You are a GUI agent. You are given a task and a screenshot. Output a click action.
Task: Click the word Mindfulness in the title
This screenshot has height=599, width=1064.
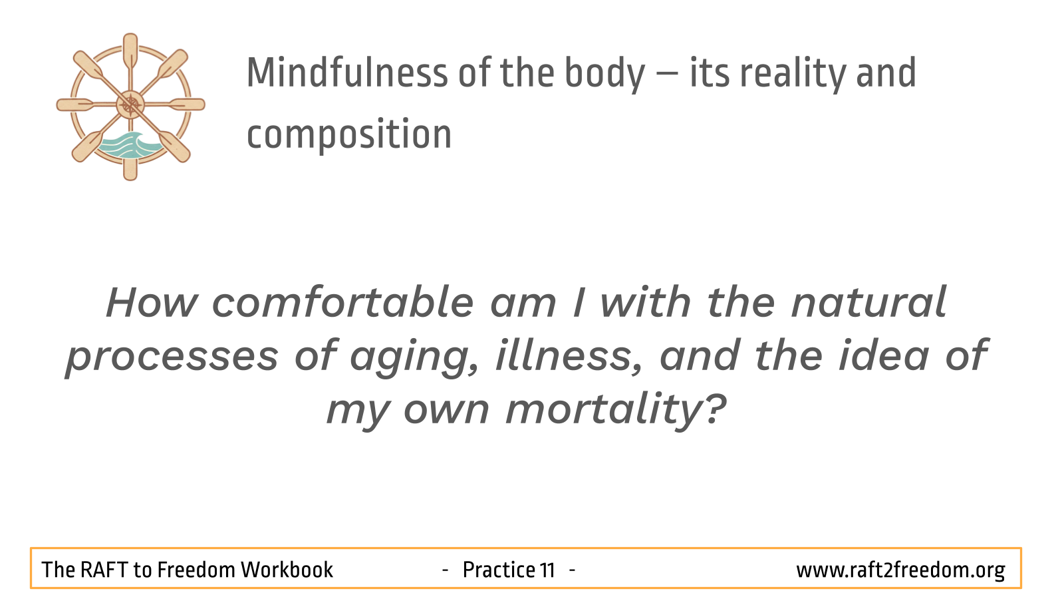(346, 73)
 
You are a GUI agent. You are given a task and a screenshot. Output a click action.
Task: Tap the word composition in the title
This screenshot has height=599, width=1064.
(349, 136)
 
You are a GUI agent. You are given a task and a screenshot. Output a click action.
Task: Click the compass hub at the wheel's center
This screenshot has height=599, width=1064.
(130, 104)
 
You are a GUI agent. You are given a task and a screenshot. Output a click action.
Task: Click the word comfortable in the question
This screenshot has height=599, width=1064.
(342, 302)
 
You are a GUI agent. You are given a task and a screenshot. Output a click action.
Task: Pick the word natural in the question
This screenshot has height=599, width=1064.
(868, 302)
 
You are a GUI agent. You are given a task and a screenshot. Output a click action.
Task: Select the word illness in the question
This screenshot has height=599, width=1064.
(569, 355)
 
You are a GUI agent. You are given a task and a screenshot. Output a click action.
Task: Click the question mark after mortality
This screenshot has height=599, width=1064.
(714, 407)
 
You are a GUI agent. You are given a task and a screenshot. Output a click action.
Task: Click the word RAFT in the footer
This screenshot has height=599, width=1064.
(104, 570)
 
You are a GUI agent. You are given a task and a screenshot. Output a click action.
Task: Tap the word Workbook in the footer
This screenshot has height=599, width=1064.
(287, 570)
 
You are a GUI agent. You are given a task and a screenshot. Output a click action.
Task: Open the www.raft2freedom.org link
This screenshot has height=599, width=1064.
(900, 570)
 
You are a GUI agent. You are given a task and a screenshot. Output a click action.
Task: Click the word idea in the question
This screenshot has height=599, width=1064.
(884, 355)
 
